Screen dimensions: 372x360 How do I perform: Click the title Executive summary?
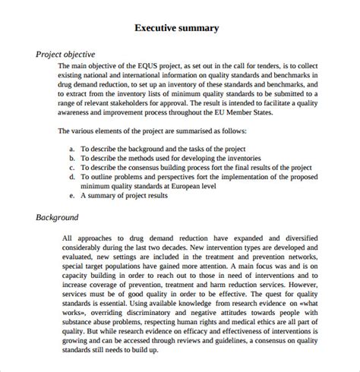click(x=177, y=28)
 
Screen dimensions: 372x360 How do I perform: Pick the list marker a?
click(x=71, y=147)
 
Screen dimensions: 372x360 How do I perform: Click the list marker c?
click(x=71, y=167)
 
